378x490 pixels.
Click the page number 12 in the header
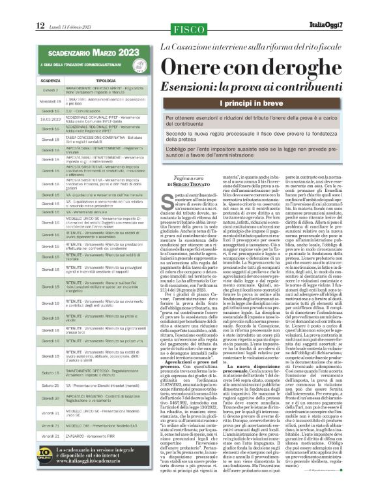pos(40,25)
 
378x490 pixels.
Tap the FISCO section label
pos(189,29)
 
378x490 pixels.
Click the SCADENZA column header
pos(50,80)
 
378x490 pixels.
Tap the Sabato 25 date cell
pos(50,368)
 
